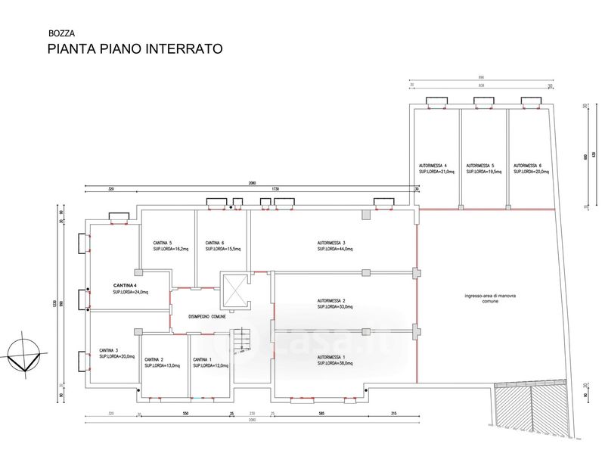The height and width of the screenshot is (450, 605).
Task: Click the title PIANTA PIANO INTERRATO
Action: [135, 49]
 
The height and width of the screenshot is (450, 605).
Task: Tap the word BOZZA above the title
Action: [61, 33]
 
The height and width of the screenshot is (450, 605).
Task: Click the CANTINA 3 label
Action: [107, 350]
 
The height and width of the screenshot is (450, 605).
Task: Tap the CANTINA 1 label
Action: [201, 359]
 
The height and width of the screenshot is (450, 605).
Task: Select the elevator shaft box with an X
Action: [234, 290]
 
